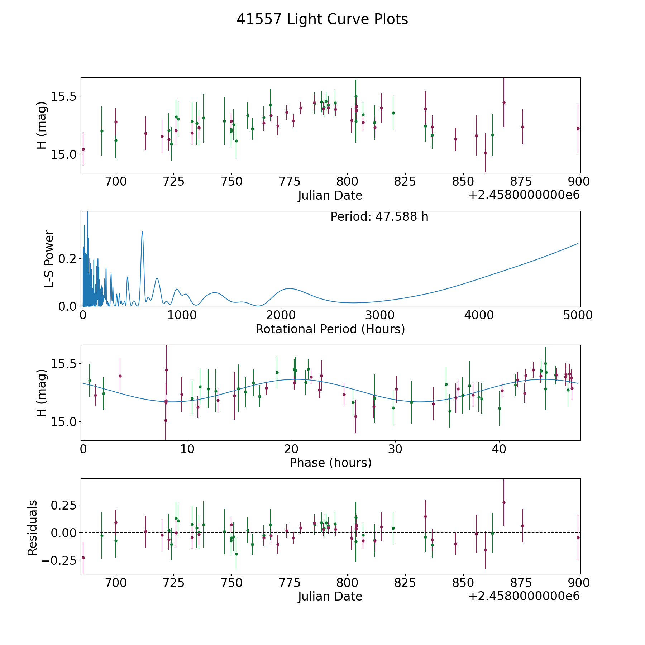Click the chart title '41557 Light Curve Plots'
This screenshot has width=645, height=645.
[322, 19]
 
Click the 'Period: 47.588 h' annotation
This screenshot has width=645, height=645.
[379, 217]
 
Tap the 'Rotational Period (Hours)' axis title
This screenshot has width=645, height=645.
[330, 329]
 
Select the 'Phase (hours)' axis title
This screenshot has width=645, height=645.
[330, 463]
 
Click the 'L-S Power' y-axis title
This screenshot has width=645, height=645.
[49, 259]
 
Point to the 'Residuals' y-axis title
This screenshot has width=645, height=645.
[32, 527]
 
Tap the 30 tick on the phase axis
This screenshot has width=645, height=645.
[395, 449]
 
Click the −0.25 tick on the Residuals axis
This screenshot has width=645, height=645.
[59, 560]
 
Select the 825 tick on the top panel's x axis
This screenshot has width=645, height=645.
[405, 181]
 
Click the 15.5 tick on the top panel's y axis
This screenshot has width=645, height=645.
[64, 96]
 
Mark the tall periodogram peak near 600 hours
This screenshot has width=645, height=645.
[142, 231]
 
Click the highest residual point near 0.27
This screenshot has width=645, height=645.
[504, 502]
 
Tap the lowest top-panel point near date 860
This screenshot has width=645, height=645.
[486, 153]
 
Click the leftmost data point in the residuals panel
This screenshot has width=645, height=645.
[83, 558]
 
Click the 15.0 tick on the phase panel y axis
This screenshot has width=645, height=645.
[64, 422]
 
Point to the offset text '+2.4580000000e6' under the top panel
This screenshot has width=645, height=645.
[524, 195]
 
